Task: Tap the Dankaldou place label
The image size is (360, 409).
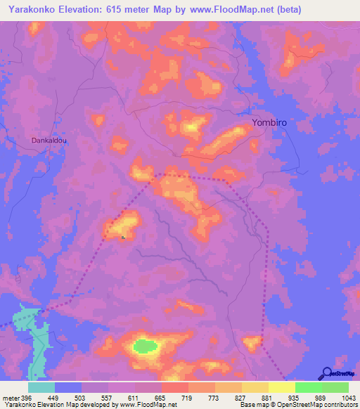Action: point(49,141)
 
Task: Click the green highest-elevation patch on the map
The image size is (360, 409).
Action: point(146,346)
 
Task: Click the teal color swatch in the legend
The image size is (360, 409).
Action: point(41,387)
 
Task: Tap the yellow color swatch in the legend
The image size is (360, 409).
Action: point(282,387)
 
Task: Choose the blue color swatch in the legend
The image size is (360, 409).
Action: point(68,387)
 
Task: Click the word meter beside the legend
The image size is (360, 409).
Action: point(11,398)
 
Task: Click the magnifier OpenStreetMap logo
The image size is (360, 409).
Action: point(327,374)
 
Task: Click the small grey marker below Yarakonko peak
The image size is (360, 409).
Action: point(124,237)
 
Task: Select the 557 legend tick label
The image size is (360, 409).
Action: point(109,398)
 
